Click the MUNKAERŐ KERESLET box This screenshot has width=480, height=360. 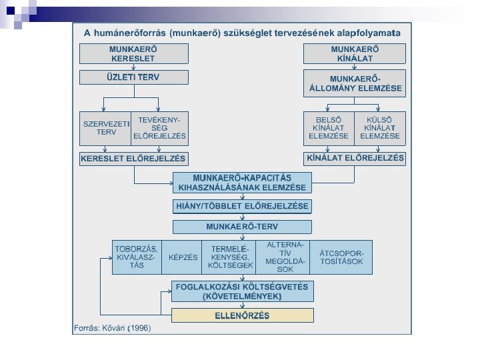(x=133, y=54)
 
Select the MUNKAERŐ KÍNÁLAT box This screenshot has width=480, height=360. (x=354, y=54)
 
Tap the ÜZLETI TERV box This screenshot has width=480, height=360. (x=133, y=77)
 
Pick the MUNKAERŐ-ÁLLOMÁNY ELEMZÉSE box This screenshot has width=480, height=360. (x=354, y=83)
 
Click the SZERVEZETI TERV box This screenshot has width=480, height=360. (x=105, y=127)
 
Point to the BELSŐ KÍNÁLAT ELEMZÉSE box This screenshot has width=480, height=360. (x=329, y=127)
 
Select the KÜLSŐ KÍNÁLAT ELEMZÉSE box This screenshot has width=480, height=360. (x=380, y=127)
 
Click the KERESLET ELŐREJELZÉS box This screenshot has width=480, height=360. (x=133, y=159)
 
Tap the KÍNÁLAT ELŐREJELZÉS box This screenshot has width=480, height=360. (x=355, y=159)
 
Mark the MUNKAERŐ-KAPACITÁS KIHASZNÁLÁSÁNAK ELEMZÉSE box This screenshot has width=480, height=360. (x=242, y=183)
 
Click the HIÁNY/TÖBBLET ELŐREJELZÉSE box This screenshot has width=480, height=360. (x=242, y=207)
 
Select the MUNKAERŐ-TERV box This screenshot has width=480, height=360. (x=242, y=227)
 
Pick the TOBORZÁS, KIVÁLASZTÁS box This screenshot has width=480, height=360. (x=137, y=257)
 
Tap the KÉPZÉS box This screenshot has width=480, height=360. (x=183, y=257)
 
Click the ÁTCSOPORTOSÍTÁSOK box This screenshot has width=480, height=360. (x=341, y=257)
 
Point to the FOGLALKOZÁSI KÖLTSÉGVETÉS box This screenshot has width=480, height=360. (x=242, y=291)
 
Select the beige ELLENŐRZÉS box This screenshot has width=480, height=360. (x=242, y=315)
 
